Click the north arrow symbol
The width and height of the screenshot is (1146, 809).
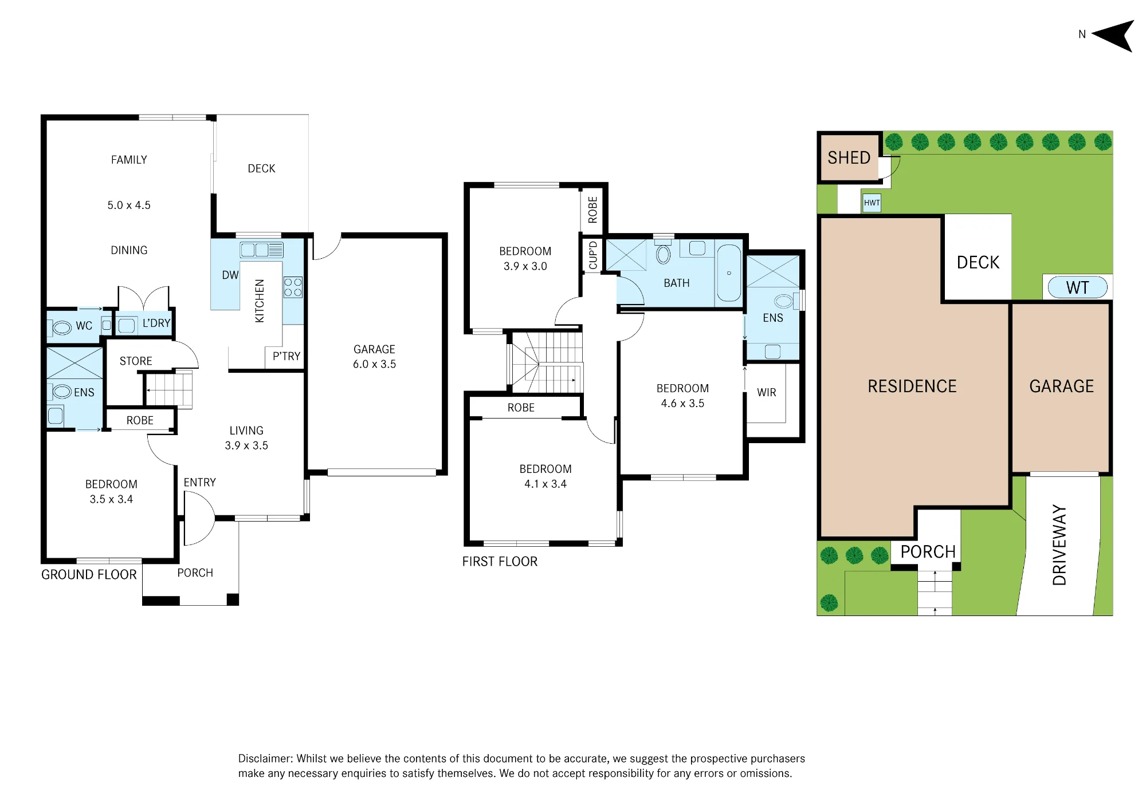(1114, 35)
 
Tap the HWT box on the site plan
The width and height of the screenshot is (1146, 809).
(872, 203)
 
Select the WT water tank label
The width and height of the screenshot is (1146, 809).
(1077, 287)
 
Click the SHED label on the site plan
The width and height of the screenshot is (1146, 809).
(849, 157)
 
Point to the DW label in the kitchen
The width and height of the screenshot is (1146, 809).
(230, 275)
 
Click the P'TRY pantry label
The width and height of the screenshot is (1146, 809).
(286, 356)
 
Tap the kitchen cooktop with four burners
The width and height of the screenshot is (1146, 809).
(293, 287)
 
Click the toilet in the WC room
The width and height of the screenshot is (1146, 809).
(61, 328)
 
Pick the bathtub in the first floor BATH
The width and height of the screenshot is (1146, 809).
(729, 273)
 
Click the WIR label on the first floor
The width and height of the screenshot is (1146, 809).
(767, 392)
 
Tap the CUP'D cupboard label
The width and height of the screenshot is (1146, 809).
(593, 255)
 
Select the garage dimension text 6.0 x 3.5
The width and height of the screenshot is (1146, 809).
(374, 364)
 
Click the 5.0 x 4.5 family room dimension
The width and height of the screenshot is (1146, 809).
(129, 205)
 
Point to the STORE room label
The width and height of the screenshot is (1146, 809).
(136, 361)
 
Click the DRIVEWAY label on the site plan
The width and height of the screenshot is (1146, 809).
(1059, 545)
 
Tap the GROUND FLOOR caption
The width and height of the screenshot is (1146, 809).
(89, 574)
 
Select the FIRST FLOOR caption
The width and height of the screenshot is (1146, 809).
(500, 562)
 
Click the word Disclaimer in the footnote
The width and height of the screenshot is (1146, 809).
(265, 759)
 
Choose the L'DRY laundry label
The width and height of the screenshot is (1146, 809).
(156, 323)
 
